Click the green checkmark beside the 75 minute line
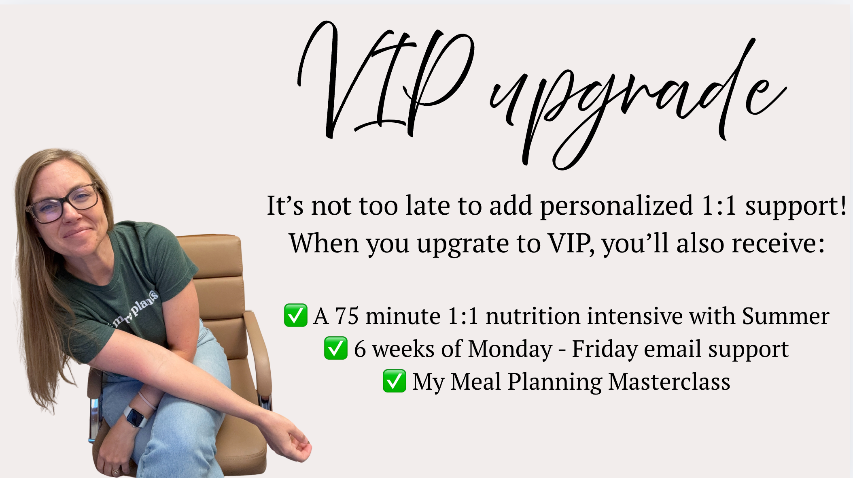[x=295, y=316]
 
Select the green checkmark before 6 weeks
[x=335, y=348]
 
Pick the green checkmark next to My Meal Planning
[x=394, y=381]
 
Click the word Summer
[x=785, y=316]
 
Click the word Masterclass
[x=669, y=382]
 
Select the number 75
[x=347, y=316]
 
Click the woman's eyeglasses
[x=65, y=204]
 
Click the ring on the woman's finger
[x=115, y=471]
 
